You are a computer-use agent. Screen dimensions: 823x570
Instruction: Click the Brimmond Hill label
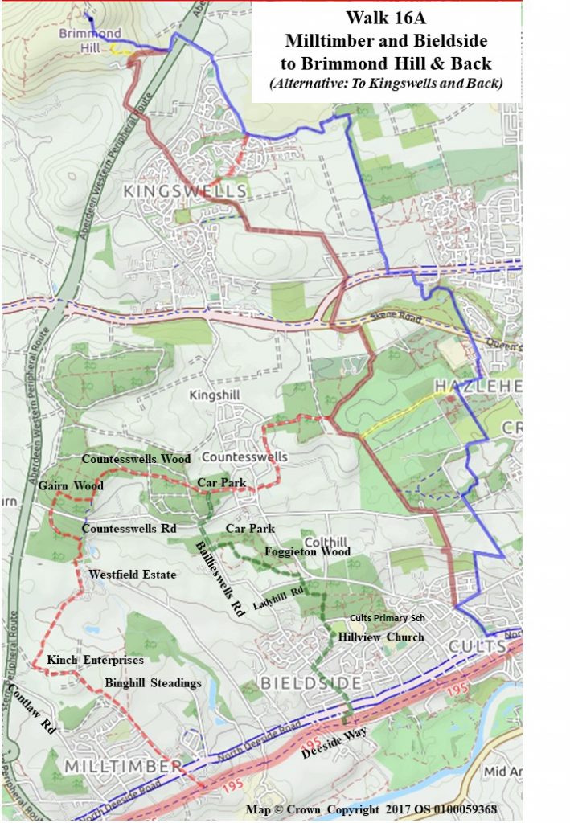pyautogui.click(x=90, y=40)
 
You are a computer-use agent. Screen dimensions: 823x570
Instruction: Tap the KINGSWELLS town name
pyautogui.click(x=184, y=191)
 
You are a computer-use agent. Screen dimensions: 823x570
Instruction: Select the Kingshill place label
pyautogui.click(x=215, y=395)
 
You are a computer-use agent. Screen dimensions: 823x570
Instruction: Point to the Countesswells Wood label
pyautogui.click(x=137, y=459)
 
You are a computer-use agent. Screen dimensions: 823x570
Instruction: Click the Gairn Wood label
pyautogui.click(x=71, y=486)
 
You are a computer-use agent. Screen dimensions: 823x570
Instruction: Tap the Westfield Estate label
pyautogui.click(x=132, y=575)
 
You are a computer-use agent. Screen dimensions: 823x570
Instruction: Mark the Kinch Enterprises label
pyautogui.click(x=95, y=660)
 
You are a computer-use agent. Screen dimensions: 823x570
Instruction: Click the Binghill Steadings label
pyautogui.click(x=153, y=682)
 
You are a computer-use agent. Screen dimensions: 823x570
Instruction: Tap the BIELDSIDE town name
pyautogui.click(x=310, y=682)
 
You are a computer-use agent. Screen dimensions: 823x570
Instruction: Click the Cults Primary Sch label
pyautogui.click(x=387, y=618)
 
